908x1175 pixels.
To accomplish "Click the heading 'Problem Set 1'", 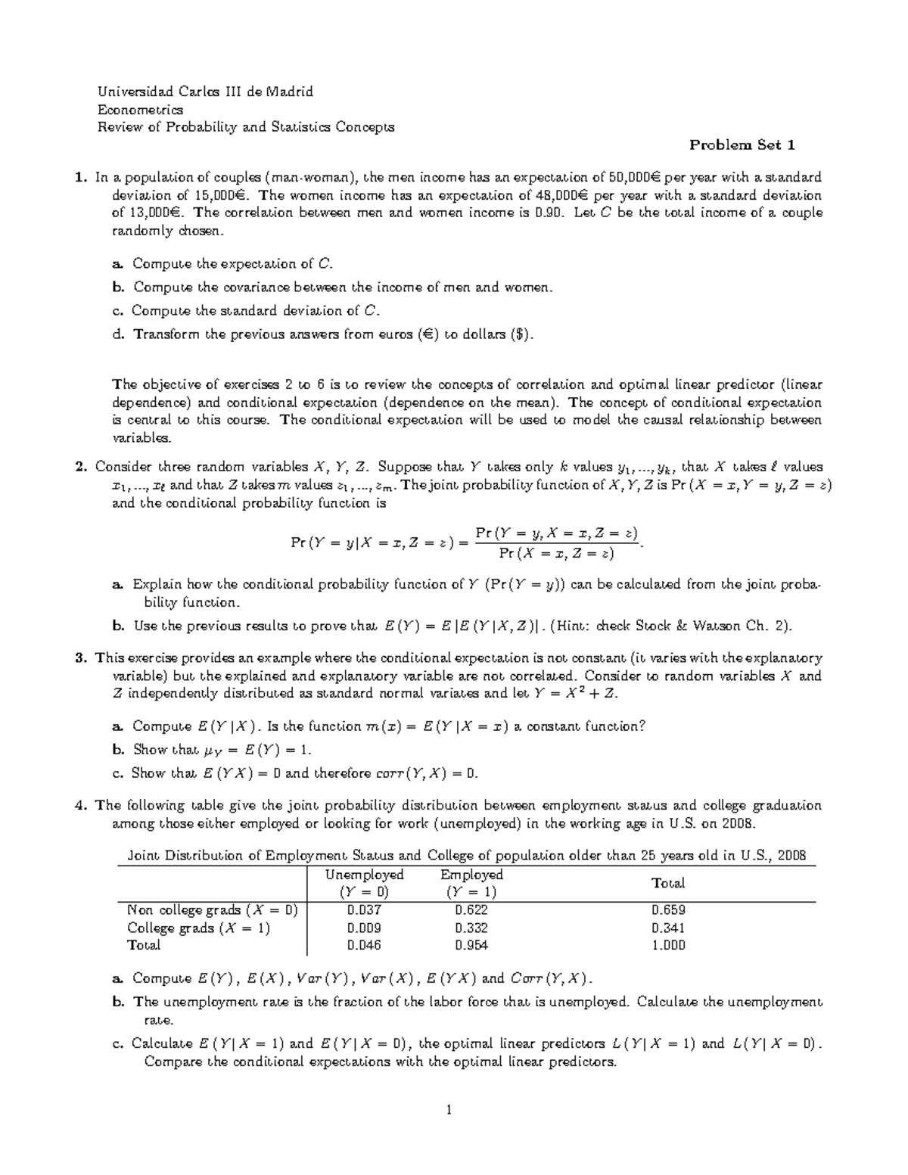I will click(742, 145).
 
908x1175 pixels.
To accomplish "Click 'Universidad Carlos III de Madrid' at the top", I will click(205, 92).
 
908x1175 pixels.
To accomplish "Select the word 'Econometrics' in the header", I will click(141, 110).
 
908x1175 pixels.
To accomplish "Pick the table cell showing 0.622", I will click(471, 910).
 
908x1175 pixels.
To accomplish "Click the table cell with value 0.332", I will click(471, 928).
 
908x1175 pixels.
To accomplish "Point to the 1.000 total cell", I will click(668, 945).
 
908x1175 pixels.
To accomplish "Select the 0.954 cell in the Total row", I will click(471, 945).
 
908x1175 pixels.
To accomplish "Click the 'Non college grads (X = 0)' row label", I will click(213, 910).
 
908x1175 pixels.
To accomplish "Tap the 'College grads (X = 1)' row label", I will click(198, 928).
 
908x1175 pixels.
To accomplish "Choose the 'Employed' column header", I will click(471, 875).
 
